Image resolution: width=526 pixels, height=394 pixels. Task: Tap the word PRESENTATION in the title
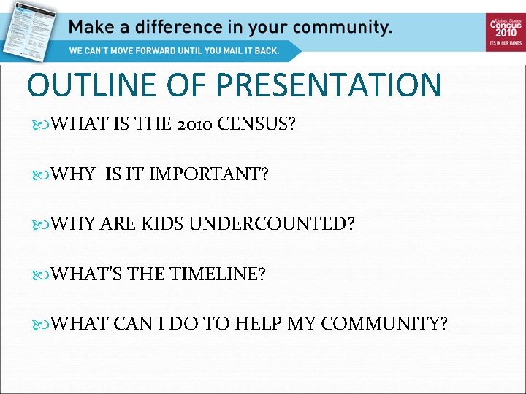pyautogui.click(x=329, y=85)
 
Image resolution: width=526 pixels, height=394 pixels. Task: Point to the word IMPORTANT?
pyautogui.click(x=209, y=174)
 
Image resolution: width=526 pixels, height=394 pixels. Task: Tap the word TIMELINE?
pyautogui.click(x=218, y=274)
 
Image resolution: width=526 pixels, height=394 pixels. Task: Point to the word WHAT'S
pyautogui.click(x=88, y=274)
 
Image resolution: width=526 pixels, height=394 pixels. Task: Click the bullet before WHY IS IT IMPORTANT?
pyautogui.click(x=42, y=175)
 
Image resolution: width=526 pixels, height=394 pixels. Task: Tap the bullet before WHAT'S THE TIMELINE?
pyautogui.click(x=42, y=275)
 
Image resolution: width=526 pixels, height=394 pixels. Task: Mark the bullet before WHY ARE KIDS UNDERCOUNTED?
pyautogui.click(x=42, y=225)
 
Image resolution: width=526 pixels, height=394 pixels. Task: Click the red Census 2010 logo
pyautogui.click(x=506, y=31)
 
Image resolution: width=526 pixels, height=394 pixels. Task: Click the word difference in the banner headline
pyautogui.click(x=175, y=28)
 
